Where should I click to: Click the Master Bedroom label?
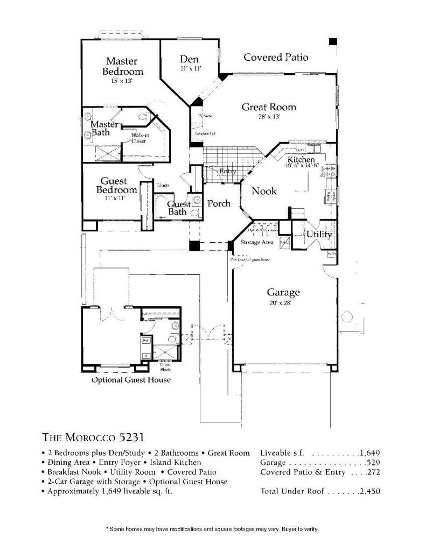[x=122, y=66]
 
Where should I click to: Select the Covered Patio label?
[x=276, y=57]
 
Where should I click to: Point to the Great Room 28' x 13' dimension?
[x=268, y=116]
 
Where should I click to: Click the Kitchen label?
[x=301, y=160]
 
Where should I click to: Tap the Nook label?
[x=264, y=191]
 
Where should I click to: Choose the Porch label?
[x=219, y=203]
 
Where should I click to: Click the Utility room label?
[x=319, y=234]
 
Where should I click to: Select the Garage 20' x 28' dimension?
[x=283, y=303]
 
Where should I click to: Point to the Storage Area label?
[x=257, y=242]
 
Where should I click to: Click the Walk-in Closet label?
[x=139, y=138]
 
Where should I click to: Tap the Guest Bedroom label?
[x=117, y=186]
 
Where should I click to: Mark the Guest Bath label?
[x=178, y=208]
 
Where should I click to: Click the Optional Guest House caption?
[x=131, y=380]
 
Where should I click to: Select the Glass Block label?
[x=165, y=367]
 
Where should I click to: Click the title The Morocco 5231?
[x=92, y=436]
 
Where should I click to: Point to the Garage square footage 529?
[x=373, y=462]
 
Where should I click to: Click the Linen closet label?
[x=163, y=185]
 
